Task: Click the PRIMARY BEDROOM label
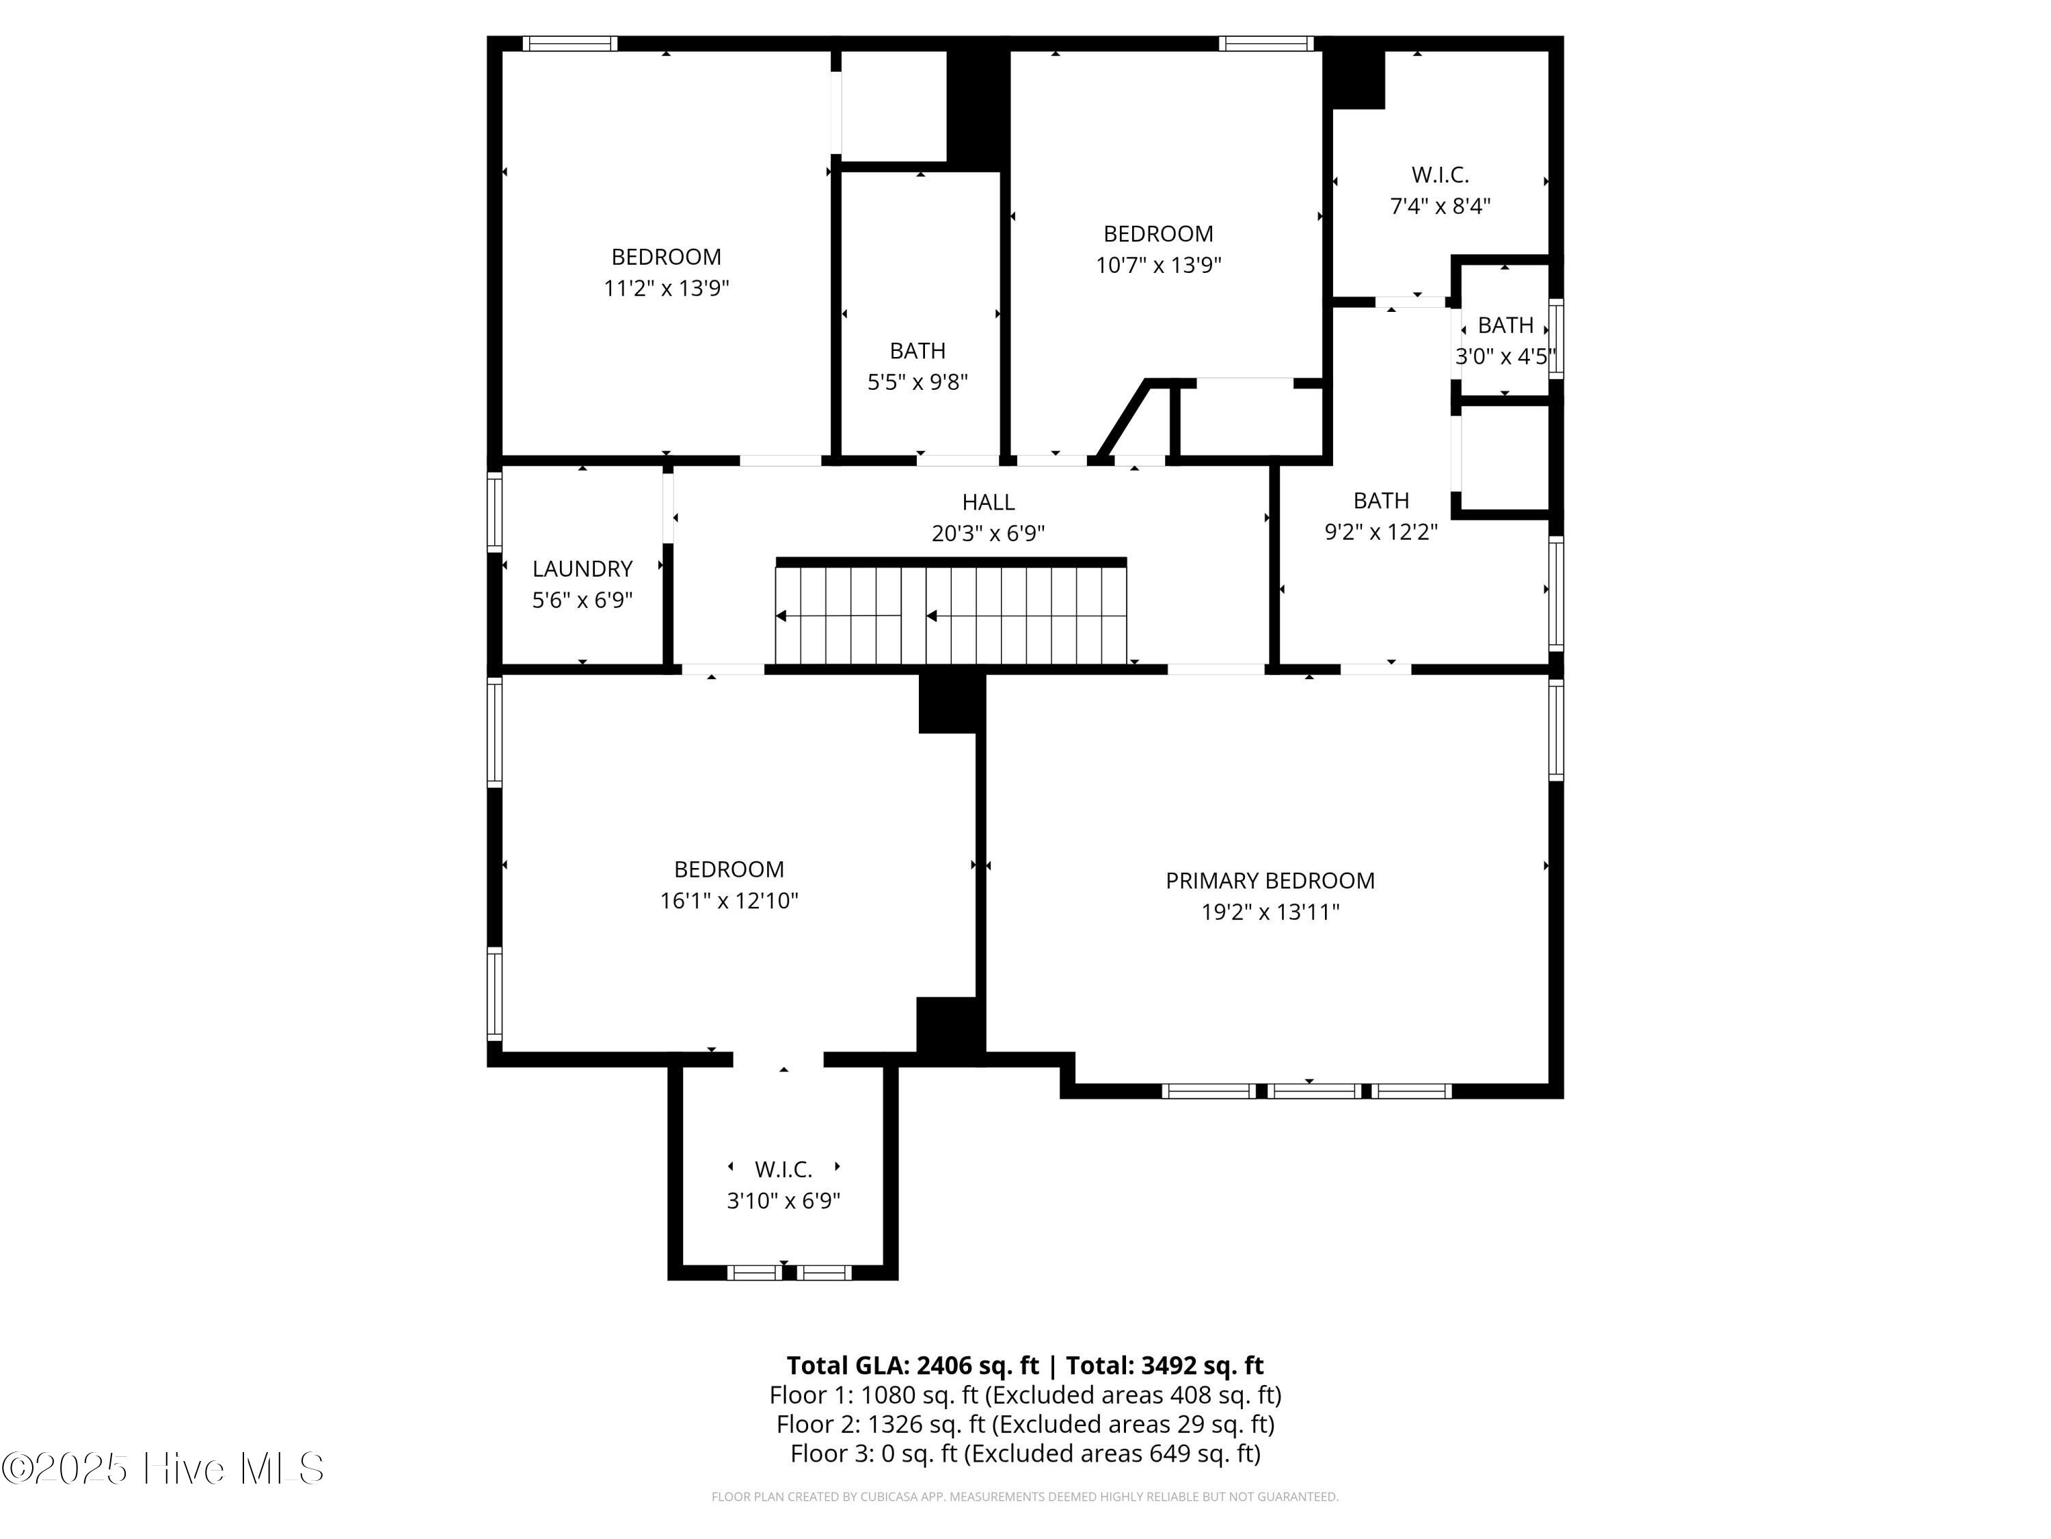(x=1270, y=880)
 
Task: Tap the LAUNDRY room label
(x=582, y=568)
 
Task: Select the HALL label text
(x=989, y=502)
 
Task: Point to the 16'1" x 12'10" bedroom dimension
(x=729, y=901)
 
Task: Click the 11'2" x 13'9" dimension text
(x=667, y=287)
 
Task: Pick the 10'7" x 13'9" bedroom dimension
(x=1158, y=265)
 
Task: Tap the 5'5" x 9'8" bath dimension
(x=918, y=382)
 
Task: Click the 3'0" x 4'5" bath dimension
(x=1505, y=356)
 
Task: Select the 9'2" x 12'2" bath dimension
(x=1380, y=531)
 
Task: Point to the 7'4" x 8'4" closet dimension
(x=1440, y=206)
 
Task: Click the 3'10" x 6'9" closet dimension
(x=783, y=1200)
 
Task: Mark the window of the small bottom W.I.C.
(x=789, y=1273)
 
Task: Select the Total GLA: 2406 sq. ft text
(x=913, y=1365)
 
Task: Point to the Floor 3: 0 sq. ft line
(x=1025, y=1453)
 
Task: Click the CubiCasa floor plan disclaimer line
(x=1025, y=1497)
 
